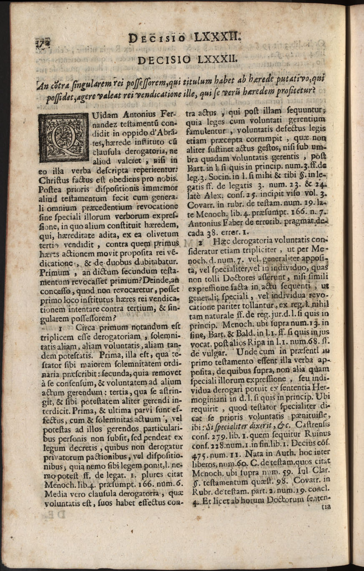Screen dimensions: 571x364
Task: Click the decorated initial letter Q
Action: pyautogui.click(x=63, y=137)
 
